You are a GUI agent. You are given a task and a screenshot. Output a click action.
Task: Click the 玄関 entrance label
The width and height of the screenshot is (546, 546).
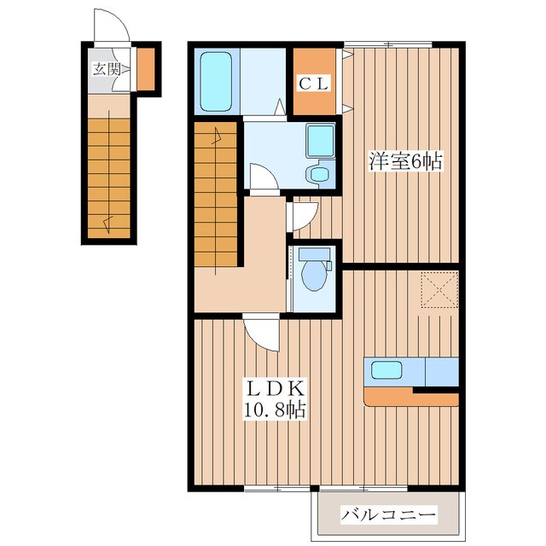[107, 70]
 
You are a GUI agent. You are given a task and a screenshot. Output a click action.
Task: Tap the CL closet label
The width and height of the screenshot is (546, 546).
[314, 84]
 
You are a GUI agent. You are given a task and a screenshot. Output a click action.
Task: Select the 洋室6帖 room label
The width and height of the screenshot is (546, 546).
[406, 161]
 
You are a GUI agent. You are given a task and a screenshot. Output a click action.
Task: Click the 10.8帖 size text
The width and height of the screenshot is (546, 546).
[275, 409]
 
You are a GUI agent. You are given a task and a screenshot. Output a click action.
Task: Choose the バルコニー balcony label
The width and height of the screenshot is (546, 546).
[388, 514]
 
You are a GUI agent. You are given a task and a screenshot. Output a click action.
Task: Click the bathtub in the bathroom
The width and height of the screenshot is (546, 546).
[216, 82]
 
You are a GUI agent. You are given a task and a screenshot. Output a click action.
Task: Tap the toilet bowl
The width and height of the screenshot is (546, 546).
[315, 276]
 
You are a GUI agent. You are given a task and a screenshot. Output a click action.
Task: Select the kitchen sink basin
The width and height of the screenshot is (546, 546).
[386, 369]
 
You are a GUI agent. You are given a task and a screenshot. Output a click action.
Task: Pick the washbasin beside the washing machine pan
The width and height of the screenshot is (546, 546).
[318, 174]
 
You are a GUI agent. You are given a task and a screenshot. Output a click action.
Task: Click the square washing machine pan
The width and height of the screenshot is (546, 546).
[321, 141]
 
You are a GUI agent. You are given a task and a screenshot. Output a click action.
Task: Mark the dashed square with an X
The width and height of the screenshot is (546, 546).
[439, 290]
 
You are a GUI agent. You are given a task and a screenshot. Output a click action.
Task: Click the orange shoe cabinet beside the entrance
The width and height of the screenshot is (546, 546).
[146, 69]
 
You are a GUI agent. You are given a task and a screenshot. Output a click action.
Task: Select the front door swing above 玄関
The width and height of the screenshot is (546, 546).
[112, 26]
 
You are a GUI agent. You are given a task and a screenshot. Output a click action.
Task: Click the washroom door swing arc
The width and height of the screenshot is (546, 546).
[264, 177]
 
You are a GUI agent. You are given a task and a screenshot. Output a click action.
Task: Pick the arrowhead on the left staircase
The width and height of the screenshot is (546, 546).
[108, 224]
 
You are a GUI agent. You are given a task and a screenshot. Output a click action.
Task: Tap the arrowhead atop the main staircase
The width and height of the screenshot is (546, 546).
[218, 136]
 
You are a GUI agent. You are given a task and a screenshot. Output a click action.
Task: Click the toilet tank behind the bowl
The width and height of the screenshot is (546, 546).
[315, 254]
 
